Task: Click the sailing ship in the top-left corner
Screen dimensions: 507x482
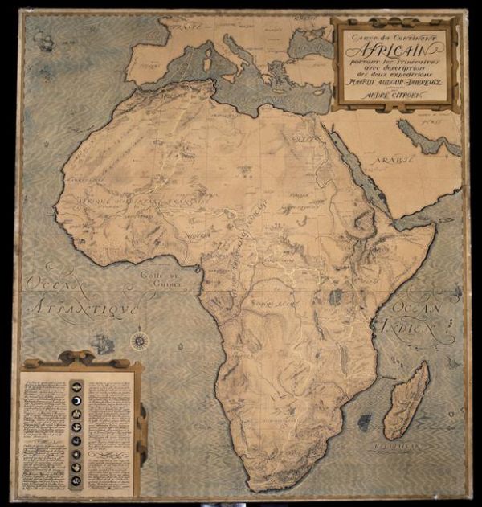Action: point(44,42)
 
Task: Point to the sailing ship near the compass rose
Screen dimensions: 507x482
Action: point(103,345)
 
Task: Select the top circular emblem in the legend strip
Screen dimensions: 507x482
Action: point(77,386)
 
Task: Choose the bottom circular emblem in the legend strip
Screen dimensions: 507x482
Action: point(77,481)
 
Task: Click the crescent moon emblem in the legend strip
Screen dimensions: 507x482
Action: point(77,399)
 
